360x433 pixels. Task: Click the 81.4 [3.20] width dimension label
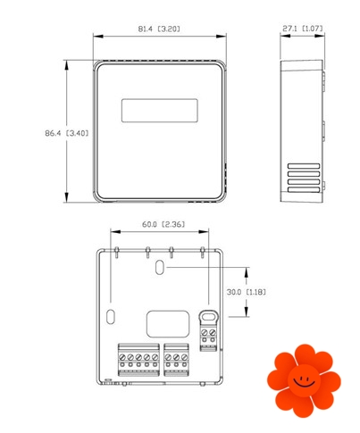click(x=159, y=29)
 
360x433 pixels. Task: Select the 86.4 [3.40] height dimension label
click(x=67, y=133)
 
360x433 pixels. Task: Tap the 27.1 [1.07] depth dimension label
click(x=303, y=29)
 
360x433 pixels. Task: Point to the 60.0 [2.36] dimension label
click(x=163, y=224)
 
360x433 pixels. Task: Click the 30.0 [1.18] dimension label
click(x=247, y=292)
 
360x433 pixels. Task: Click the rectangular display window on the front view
click(x=160, y=111)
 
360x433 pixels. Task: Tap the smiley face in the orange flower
click(x=304, y=380)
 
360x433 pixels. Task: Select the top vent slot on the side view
click(x=304, y=166)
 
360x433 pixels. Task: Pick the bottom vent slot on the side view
click(x=304, y=190)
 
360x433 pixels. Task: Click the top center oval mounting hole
click(x=160, y=267)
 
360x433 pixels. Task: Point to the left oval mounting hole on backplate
click(x=111, y=317)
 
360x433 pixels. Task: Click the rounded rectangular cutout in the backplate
click(x=168, y=324)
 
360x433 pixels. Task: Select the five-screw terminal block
click(x=138, y=360)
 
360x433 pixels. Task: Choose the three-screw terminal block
click(x=176, y=360)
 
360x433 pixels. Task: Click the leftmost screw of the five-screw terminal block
click(x=122, y=357)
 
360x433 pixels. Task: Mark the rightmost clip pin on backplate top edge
click(x=203, y=252)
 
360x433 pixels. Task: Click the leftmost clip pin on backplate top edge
click(x=117, y=252)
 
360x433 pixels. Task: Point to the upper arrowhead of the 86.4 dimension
click(x=66, y=65)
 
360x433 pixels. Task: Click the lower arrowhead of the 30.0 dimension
click(x=247, y=312)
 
